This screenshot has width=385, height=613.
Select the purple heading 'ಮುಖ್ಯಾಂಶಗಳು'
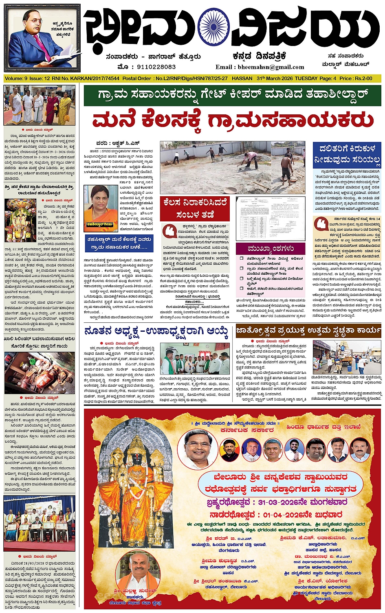click(x=271, y=248)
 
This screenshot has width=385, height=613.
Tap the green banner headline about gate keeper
click(x=232, y=95)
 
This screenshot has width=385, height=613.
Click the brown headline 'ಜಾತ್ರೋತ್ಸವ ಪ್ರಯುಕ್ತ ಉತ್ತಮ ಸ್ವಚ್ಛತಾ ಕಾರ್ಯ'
click(x=309, y=330)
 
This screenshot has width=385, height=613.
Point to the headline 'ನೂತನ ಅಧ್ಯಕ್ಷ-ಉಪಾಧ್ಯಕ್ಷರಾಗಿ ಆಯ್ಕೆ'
click(x=156, y=331)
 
